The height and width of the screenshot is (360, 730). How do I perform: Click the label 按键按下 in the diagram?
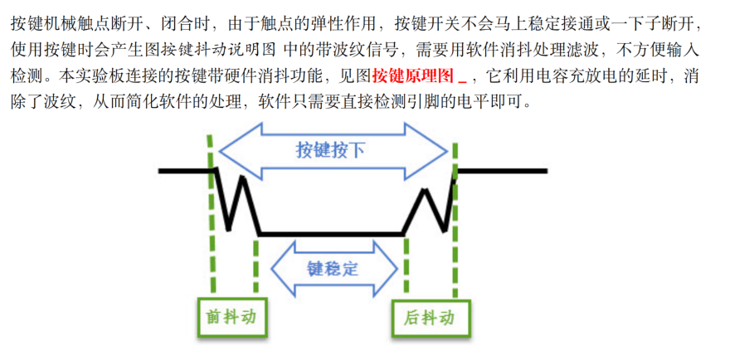[330, 151]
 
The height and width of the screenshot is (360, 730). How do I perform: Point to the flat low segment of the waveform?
[332, 235]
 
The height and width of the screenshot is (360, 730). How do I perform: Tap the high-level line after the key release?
[502, 172]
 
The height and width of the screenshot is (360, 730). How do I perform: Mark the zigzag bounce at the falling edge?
[236, 199]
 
